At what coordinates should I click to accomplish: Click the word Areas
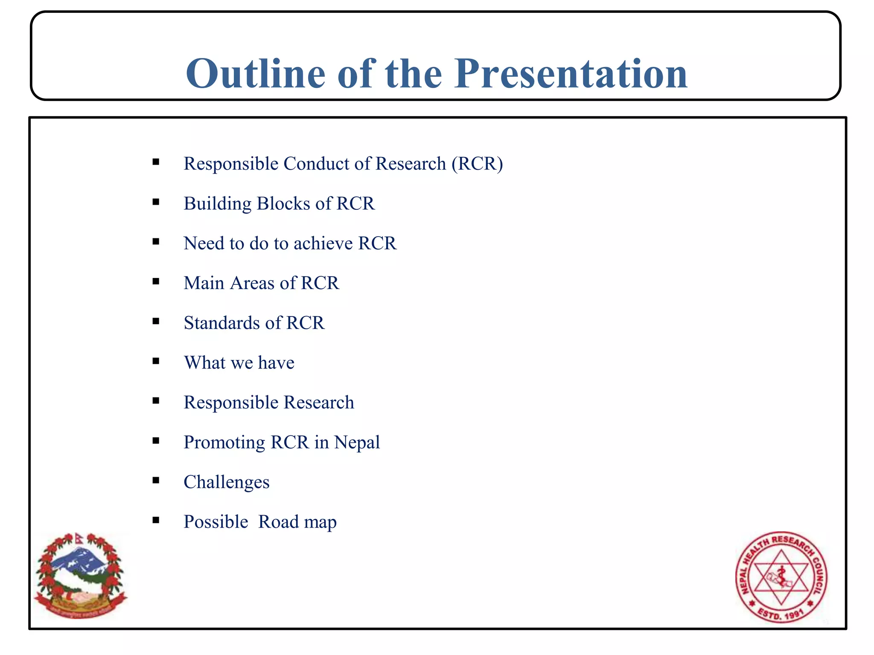pyautogui.click(x=252, y=283)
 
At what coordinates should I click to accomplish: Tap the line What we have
pyautogui.click(x=239, y=363)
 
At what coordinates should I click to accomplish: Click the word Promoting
pyautogui.click(x=224, y=443)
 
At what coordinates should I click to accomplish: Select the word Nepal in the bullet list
pyautogui.click(x=357, y=443)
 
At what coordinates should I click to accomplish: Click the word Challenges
pyautogui.click(x=226, y=482)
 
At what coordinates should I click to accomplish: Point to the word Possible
pyautogui.click(x=216, y=522)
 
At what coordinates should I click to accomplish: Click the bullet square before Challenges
pyautogui.click(x=156, y=481)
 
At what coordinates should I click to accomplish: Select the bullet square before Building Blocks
pyautogui.click(x=156, y=202)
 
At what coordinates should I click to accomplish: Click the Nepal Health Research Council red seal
pyautogui.click(x=781, y=577)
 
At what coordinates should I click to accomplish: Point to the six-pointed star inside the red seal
pyautogui.click(x=781, y=577)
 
